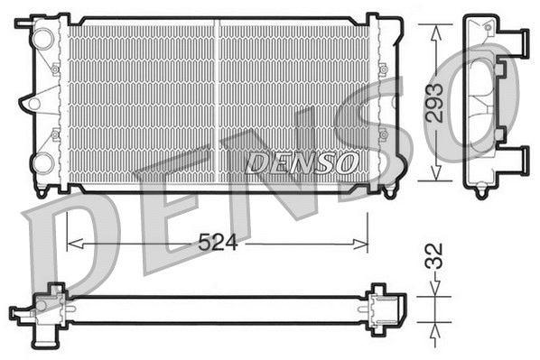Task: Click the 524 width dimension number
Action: [218, 243]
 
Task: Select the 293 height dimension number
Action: [434, 106]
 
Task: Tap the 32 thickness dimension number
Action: [434, 258]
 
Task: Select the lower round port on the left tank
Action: [42, 163]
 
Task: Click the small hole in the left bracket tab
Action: [33, 103]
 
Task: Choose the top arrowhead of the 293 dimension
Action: [435, 28]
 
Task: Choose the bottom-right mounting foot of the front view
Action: [389, 191]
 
